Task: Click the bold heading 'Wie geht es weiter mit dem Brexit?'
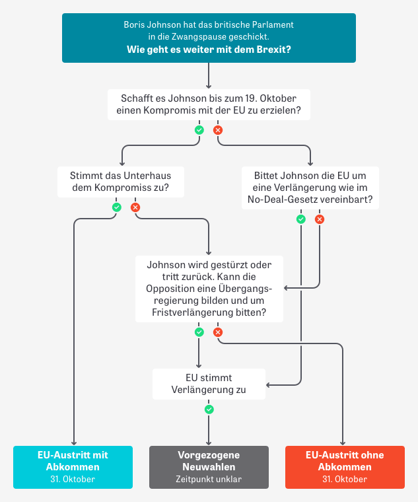coord(209,50)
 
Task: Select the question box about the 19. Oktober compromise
coord(209,104)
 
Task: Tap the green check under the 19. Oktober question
coord(199,130)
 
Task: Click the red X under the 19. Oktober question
coord(218,130)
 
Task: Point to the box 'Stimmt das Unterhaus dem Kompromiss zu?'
coord(120,181)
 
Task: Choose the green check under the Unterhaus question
coord(117,207)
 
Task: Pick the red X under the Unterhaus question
coord(135,207)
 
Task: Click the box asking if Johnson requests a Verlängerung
coord(310,187)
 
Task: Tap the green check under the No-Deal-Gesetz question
coord(301,219)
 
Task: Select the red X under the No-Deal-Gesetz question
coord(320,219)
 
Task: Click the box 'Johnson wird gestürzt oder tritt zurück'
coord(209,288)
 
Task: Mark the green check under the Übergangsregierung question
coord(199,332)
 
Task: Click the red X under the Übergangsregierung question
coord(218,332)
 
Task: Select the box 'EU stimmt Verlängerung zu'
coord(209,384)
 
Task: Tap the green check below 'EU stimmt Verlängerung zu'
coord(209,410)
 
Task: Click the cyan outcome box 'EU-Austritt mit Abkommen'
coord(73,467)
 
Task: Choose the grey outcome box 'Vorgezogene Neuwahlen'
coord(209,467)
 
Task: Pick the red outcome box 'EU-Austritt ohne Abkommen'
coord(345,467)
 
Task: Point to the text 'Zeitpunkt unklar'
coord(209,479)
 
